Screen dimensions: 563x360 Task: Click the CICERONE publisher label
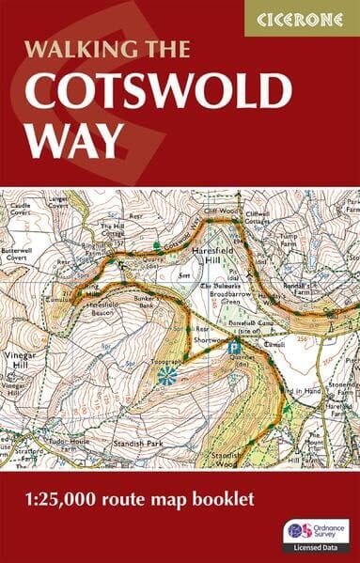pos(301,18)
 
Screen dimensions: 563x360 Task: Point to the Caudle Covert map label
pos(18,204)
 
